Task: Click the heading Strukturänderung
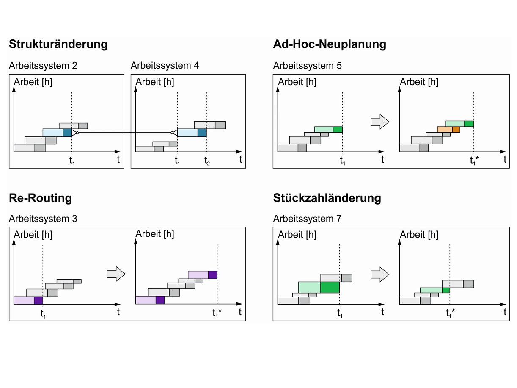58,44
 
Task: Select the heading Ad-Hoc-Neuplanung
330,44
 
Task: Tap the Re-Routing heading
40,198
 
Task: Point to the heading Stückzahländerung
327,198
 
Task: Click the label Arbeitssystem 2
43,66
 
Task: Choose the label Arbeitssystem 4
165,66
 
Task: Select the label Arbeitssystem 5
307,66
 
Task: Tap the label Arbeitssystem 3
43,219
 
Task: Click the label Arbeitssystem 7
307,219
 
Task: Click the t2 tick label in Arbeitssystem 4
206,161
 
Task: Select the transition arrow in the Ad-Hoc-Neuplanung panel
380,122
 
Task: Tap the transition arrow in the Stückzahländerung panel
380,274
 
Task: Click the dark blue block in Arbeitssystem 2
68,133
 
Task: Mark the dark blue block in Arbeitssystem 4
202,133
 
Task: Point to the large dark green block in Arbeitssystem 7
330,287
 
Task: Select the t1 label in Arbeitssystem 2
72,161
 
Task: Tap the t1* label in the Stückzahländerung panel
450,313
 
